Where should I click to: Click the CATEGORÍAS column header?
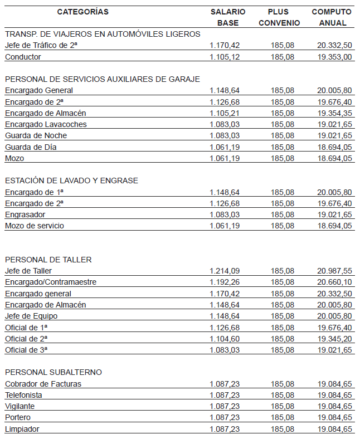[83, 12]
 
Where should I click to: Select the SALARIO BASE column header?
[227, 17]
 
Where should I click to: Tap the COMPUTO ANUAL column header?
[332, 17]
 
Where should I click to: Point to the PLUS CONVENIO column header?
[279, 17]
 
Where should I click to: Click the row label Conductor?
[23, 57]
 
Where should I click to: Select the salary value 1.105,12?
[225, 57]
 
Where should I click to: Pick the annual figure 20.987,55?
[334, 271]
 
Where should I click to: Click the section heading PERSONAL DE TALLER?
[48, 260]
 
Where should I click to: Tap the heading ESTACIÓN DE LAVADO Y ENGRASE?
[71, 181]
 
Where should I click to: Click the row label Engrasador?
[25, 214]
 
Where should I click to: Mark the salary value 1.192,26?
[225, 282]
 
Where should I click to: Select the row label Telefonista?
[23, 395]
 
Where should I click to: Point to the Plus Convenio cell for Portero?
[283, 418]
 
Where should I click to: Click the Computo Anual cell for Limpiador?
[334, 429]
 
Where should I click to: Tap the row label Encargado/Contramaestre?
[51, 282]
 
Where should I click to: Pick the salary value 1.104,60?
[225, 339]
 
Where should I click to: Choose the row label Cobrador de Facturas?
[43, 384]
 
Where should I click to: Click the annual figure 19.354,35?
[334, 113]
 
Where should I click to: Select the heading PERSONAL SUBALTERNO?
[53, 372]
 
